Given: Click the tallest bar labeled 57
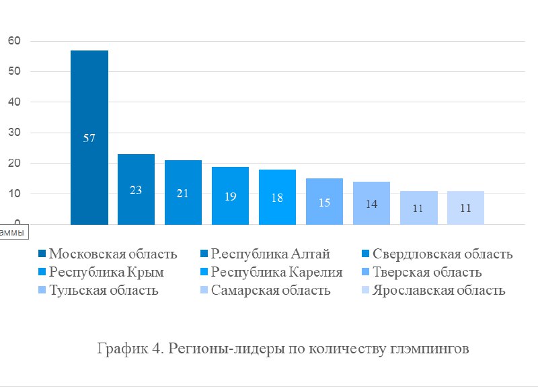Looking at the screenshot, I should point(89,137).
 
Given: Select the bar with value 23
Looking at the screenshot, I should point(136,189).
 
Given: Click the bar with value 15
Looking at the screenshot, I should point(324,201).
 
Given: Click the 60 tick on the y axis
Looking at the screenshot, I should point(15,41).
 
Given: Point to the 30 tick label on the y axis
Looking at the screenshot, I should point(15,133).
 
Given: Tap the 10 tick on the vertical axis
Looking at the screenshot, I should point(15,194).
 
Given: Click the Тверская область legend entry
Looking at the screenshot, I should point(426,273).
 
